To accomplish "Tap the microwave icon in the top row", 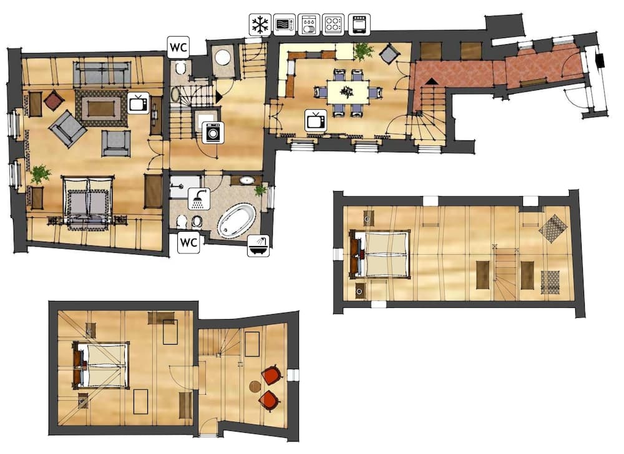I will (x=283, y=24).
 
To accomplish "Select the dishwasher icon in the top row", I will (x=308, y=24).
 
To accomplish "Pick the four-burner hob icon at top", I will (x=333, y=24).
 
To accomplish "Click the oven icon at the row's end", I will (x=358, y=24).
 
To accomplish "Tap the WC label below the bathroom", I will (x=188, y=242).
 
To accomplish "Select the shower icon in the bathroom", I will (x=199, y=199).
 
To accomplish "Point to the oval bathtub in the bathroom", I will (x=237, y=220).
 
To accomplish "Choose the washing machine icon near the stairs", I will (x=212, y=133).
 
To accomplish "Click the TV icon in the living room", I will (x=138, y=101).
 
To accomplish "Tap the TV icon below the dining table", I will (x=316, y=120).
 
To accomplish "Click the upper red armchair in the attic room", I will (x=271, y=375).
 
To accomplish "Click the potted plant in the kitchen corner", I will (x=363, y=51).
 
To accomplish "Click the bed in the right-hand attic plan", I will (x=381, y=254).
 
